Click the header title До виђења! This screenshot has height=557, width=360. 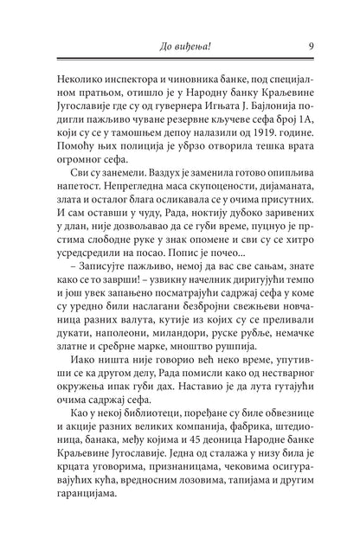179,46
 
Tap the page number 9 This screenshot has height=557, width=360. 310,46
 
